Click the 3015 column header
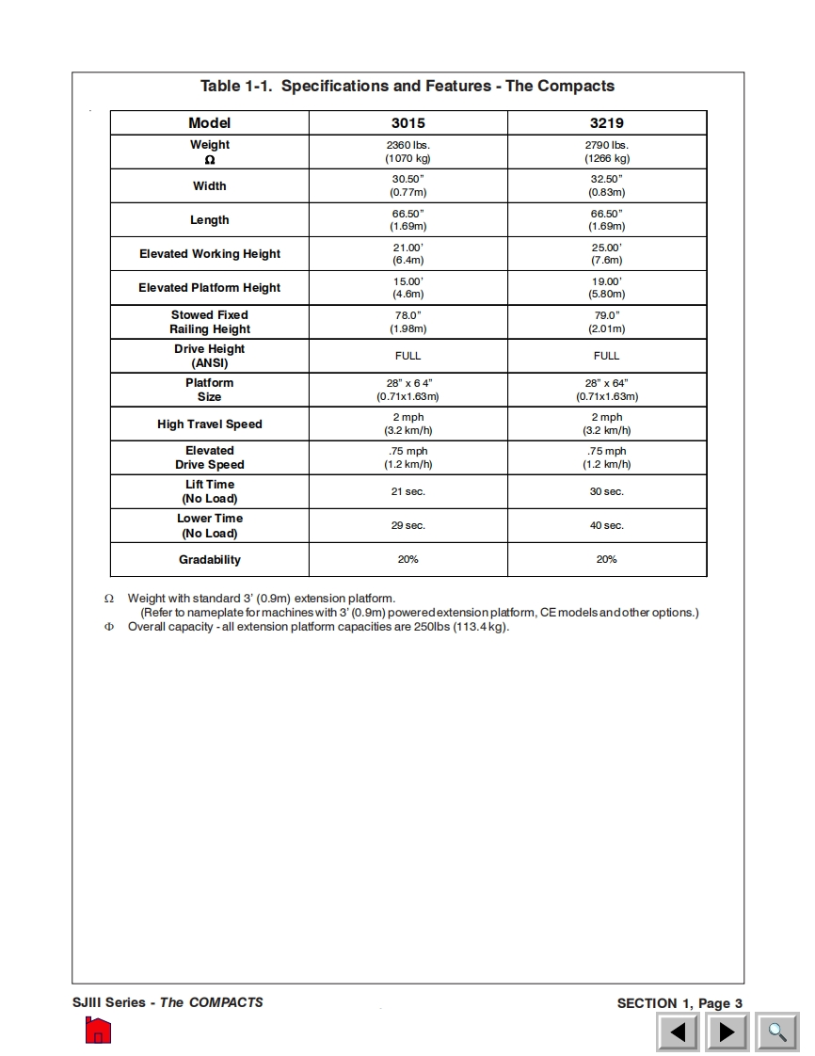407,123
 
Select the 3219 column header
606,123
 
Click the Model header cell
209,123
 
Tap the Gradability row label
210,560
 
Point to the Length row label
210,220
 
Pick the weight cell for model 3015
407,152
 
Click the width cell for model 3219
606,185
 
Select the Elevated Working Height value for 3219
606,254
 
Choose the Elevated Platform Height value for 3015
407,288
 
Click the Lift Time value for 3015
407,492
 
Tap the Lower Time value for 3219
606,526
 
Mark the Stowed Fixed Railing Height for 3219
606,322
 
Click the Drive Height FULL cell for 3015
407,356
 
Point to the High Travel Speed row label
210,424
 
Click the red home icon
98,1031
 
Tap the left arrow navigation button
678,1032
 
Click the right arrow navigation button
727,1032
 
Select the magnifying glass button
777,1032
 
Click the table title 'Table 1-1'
407,87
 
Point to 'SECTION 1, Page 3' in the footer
679,1003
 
